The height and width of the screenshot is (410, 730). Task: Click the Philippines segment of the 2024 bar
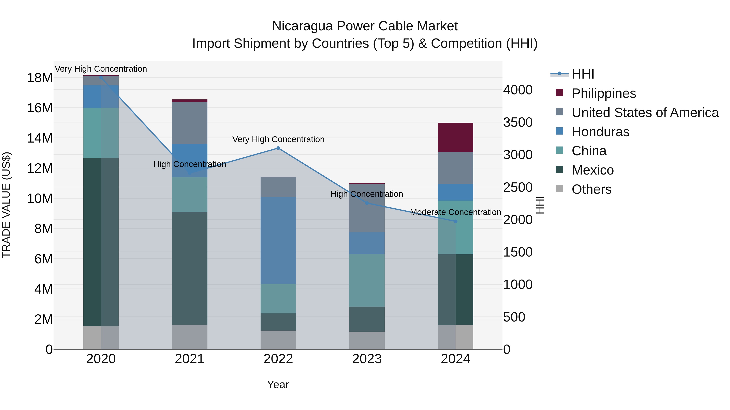pos(455,137)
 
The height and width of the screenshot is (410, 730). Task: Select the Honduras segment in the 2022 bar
pos(278,241)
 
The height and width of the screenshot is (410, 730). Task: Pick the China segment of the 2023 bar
pos(367,280)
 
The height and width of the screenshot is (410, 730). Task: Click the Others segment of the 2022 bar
pos(278,340)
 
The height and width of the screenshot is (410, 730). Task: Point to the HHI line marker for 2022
pos(278,148)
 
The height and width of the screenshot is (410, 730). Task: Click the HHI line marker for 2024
pos(455,221)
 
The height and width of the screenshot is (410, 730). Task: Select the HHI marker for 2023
pos(367,203)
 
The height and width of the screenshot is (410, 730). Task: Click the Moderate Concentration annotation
pos(455,212)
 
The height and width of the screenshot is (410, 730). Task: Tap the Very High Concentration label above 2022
pos(278,139)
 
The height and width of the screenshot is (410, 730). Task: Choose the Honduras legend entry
pos(600,132)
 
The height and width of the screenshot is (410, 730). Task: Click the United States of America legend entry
pos(645,113)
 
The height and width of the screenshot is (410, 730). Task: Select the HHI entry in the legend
pos(583,74)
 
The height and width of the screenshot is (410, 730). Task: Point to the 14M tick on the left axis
pos(40,138)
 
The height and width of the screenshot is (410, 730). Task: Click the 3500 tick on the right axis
pos(517,122)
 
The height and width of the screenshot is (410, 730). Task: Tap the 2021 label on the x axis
pos(190,359)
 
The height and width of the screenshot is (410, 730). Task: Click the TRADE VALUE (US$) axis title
pos(6,205)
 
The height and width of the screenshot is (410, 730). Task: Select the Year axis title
pos(278,384)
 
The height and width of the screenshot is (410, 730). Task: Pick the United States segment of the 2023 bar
pos(367,208)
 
